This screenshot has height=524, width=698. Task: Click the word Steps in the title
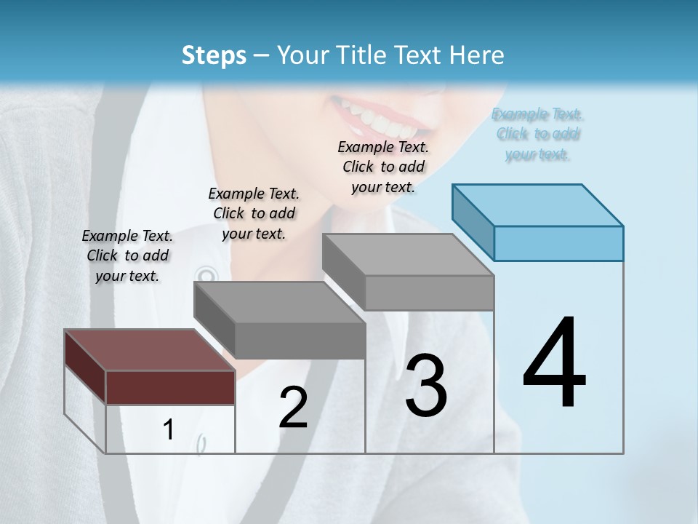point(213,55)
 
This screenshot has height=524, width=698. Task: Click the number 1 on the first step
point(169,430)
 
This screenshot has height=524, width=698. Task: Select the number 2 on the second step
point(293,408)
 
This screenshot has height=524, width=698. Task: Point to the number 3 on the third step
point(426,385)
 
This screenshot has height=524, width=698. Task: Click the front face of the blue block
point(558,243)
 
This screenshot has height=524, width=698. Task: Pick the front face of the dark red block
point(170,387)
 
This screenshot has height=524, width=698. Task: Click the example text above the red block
point(128,256)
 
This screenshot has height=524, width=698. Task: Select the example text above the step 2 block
point(254,214)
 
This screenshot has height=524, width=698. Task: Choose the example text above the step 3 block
point(383,167)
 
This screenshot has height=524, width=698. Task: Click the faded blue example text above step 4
point(538,134)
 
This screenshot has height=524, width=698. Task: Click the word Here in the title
point(481,55)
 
